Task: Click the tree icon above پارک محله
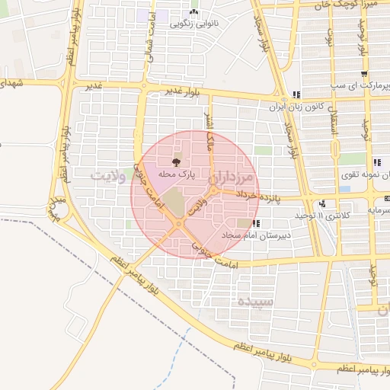[177, 161]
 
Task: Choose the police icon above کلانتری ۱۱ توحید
[324, 204]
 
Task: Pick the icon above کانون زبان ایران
[296, 94]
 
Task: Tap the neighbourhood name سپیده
[254, 302]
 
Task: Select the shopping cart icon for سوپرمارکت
[364, 75]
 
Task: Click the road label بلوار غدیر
[182, 91]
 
